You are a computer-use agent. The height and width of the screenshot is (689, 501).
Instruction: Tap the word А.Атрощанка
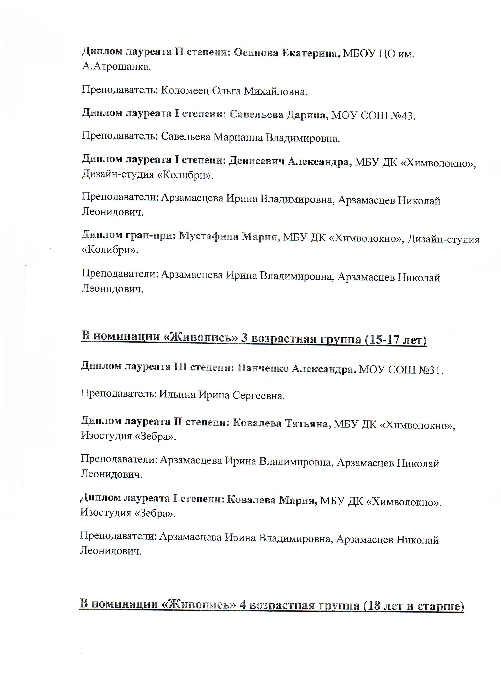116,66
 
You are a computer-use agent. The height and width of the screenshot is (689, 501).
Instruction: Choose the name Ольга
226,91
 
